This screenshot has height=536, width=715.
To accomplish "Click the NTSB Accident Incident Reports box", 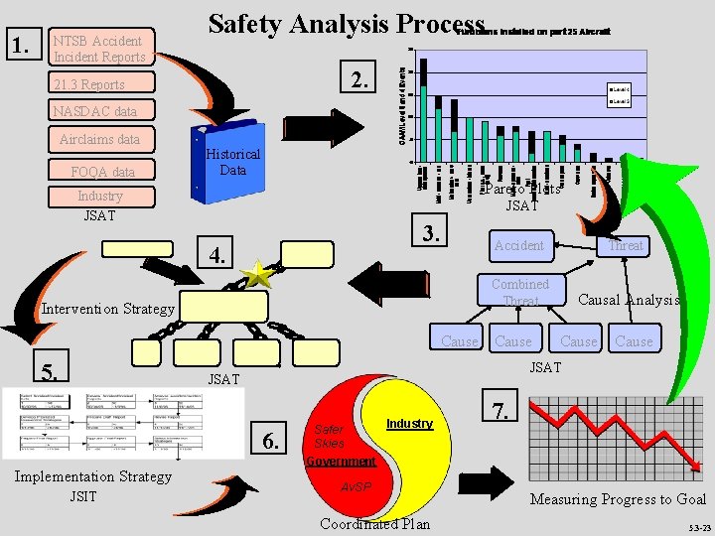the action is pos(99,48).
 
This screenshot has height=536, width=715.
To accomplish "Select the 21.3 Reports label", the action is pos(89,84).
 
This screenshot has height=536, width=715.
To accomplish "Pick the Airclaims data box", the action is pos(99,139).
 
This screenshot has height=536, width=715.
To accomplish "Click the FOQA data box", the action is pos(102,172).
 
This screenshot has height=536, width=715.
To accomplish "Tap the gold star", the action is pos(258,276).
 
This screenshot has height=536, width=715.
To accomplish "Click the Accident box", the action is pos(519,245).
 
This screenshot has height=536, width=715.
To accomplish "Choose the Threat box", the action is pos(626,245).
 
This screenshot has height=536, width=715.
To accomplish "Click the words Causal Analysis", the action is pos(628,300).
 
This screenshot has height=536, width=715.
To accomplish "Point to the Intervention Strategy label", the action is pos(107,308).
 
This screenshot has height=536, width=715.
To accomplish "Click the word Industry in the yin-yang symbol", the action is pos(409,424).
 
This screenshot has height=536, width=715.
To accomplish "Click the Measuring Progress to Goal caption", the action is pos(618,499).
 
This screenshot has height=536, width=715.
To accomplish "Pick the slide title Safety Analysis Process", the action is pos(346,24).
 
